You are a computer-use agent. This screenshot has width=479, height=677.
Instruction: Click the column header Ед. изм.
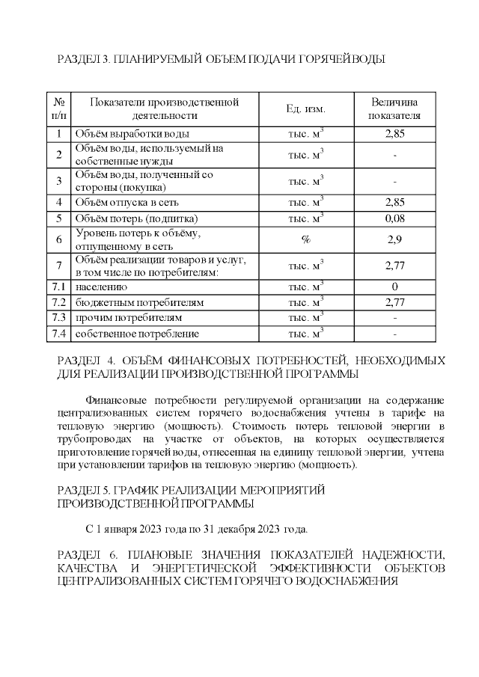coord(305,109)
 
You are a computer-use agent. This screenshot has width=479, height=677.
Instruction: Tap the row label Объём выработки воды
coord(132,134)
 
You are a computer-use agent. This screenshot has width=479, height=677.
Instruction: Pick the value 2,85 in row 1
coord(394,134)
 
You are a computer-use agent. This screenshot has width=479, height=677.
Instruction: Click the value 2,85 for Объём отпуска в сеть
coord(394,202)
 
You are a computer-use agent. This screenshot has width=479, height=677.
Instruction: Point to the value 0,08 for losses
coord(394,219)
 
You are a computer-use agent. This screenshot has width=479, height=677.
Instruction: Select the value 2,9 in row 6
coord(394,240)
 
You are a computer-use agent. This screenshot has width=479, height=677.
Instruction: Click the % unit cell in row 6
coord(305,240)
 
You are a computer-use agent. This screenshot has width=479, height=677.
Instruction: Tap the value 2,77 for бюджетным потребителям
coord(394,303)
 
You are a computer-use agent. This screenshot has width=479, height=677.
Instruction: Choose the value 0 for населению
coord(394,287)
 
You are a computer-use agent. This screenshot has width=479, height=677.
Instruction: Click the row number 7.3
coord(59,318)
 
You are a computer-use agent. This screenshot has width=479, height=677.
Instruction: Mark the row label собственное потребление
coord(137,334)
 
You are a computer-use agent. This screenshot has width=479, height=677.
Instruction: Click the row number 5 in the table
coord(59,219)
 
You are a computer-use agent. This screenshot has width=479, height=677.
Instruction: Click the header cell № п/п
coord(59,109)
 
